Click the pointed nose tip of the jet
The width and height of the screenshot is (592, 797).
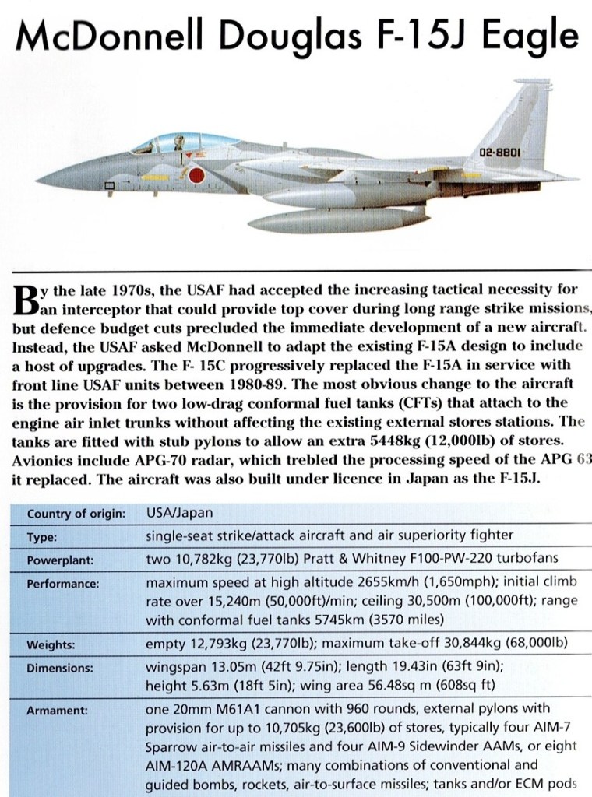click(x=39, y=184)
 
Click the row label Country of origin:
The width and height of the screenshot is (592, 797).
click(x=76, y=514)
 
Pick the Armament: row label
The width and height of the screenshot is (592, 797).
click(x=57, y=710)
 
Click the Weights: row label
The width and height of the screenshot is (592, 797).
click(x=51, y=645)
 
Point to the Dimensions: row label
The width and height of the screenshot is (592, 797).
click(x=60, y=668)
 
